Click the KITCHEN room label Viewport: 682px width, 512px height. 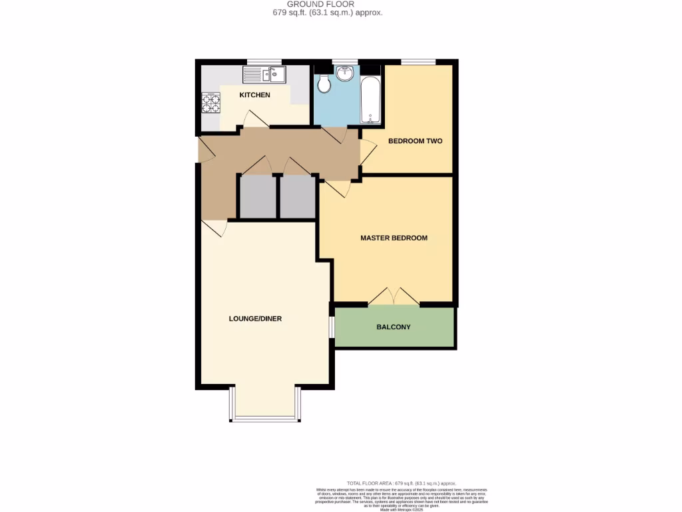tap(255, 95)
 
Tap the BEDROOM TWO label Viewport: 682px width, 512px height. tap(415, 141)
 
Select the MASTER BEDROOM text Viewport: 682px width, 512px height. tap(394, 238)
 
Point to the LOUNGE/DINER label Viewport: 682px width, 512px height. tap(255, 319)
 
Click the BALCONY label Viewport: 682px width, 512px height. tap(393, 327)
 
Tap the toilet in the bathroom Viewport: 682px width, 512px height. tap(324, 83)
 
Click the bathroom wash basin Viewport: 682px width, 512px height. tap(345, 73)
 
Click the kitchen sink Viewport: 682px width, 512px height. tap(264, 74)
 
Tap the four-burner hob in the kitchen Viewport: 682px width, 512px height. tap(211, 102)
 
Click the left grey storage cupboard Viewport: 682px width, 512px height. tap(258, 197)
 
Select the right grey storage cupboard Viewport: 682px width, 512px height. tap(297, 197)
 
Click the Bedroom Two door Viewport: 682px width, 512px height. tap(367, 152)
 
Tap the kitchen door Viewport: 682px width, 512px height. tap(254, 119)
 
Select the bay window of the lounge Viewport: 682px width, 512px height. tap(264, 419)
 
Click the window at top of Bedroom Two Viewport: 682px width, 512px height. tap(418, 62)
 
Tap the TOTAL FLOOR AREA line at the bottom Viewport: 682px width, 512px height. tap(401, 483)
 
